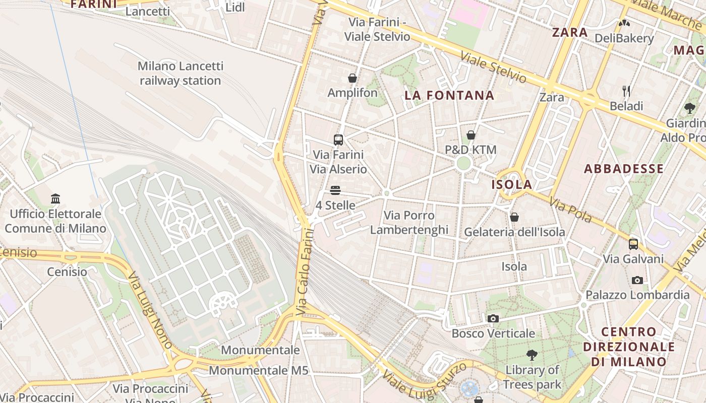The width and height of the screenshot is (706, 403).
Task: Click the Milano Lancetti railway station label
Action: [x=180, y=74]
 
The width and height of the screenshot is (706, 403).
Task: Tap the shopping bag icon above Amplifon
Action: [x=352, y=78]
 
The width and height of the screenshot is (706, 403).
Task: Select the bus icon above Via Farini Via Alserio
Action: [x=338, y=140]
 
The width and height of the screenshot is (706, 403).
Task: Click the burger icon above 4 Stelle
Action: [x=335, y=190]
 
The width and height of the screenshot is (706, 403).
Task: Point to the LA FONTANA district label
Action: [x=449, y=95]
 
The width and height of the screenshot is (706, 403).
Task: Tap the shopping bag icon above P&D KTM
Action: [x=470, y=135]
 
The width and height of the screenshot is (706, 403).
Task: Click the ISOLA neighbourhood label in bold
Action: [x=512, y=184]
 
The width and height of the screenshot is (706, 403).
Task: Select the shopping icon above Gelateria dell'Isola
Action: [x=514, y=217]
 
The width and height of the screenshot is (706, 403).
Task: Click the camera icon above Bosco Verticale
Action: [x=493, y=318]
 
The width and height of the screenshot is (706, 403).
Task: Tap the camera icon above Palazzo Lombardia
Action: [x=637, y=280]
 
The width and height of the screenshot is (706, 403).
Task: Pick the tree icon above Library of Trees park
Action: [x=532, y=355]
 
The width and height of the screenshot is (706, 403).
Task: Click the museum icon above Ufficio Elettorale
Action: [x=55, y=199]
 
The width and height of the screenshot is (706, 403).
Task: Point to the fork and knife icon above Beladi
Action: [x=626, y=91]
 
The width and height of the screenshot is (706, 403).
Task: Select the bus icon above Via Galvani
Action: [x=633, y=244]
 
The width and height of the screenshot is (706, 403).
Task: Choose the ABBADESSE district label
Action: [x=624, y=169]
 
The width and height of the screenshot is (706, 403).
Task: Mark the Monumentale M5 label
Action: [x=258, y=371]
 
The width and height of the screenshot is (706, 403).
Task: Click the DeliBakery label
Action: [x=624, y=38]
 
